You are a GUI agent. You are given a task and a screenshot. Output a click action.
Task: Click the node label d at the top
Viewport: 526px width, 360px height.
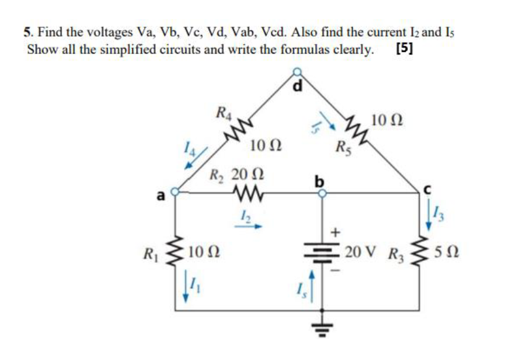click(x=298, y=87)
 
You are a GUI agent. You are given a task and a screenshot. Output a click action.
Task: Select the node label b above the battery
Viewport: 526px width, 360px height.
click(x=320, y=181)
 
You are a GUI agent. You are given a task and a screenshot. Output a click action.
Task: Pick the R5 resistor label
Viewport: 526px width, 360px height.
click(x=342, y=148)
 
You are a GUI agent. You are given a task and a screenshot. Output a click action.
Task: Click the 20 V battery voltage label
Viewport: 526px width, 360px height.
click(x=360, y=252)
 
